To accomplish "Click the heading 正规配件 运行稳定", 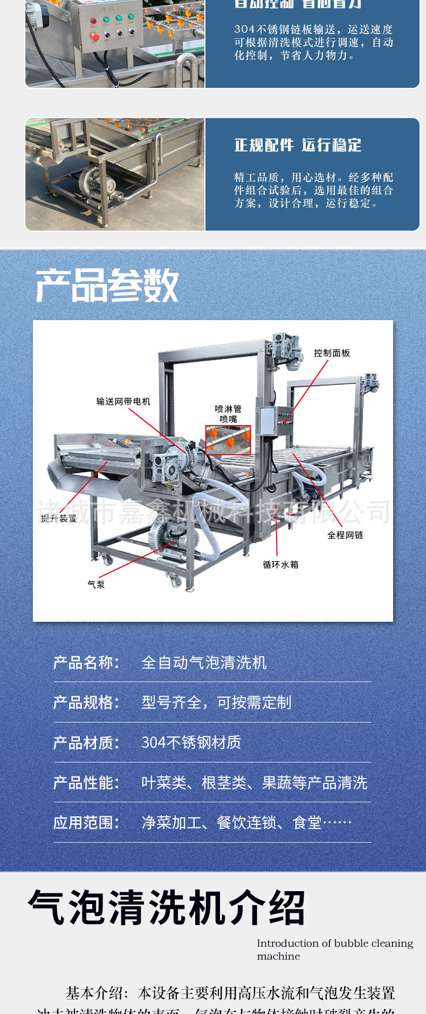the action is tap(298, 145).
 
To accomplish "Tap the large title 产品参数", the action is tap(107, 286).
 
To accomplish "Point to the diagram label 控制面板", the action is tap(332, 353).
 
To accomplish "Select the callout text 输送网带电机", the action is tap(123, 401).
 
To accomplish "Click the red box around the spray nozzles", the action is tap(228, 440).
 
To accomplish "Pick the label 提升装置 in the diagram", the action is tap(59, 518).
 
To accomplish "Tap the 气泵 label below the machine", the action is tap(96, 584).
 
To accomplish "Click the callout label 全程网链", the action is tap(345, 535).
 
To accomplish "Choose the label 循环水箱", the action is tap(280, 565).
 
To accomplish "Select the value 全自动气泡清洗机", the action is tap(204, 662).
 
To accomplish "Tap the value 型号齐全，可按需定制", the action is tap(216, 703).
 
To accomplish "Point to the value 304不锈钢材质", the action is tap(191, 742).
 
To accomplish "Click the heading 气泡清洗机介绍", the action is tap(167, 908).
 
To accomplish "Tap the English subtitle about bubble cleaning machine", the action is tap(334, 949).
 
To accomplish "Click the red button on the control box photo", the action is tap(95, 37).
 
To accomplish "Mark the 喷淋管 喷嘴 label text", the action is tap(228, 414).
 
